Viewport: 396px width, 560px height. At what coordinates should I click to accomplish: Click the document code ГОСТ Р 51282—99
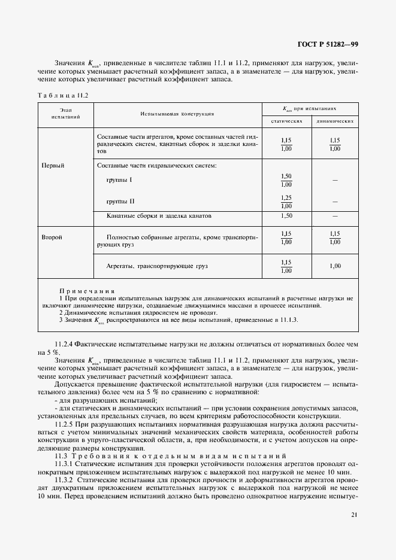click(328, 44)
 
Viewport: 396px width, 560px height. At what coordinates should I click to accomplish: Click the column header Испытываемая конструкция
click(178, 113)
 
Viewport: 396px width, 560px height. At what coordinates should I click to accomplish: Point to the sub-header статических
click(285, 121)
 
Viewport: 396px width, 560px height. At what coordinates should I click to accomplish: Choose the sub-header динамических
click(334, 121)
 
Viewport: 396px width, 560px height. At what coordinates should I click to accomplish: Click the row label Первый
click(53, 165)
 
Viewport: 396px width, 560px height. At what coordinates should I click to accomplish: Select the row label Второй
click(52, 238)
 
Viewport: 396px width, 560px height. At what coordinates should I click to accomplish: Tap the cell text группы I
click(119, 180)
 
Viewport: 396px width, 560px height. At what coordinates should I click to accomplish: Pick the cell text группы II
click(120, 202)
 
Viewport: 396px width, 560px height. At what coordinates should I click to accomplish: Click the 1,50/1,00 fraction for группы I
click(286, 180)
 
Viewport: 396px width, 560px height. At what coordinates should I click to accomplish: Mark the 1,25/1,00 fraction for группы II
click(286, 202)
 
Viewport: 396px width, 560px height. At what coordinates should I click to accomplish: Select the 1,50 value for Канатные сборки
click(286, 215)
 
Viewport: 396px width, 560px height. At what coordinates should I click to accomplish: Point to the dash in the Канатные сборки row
click(334, 215)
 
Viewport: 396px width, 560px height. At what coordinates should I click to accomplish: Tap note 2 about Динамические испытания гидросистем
click(138, 312)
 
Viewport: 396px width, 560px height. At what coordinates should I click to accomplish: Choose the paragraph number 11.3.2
click(64, 479)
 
